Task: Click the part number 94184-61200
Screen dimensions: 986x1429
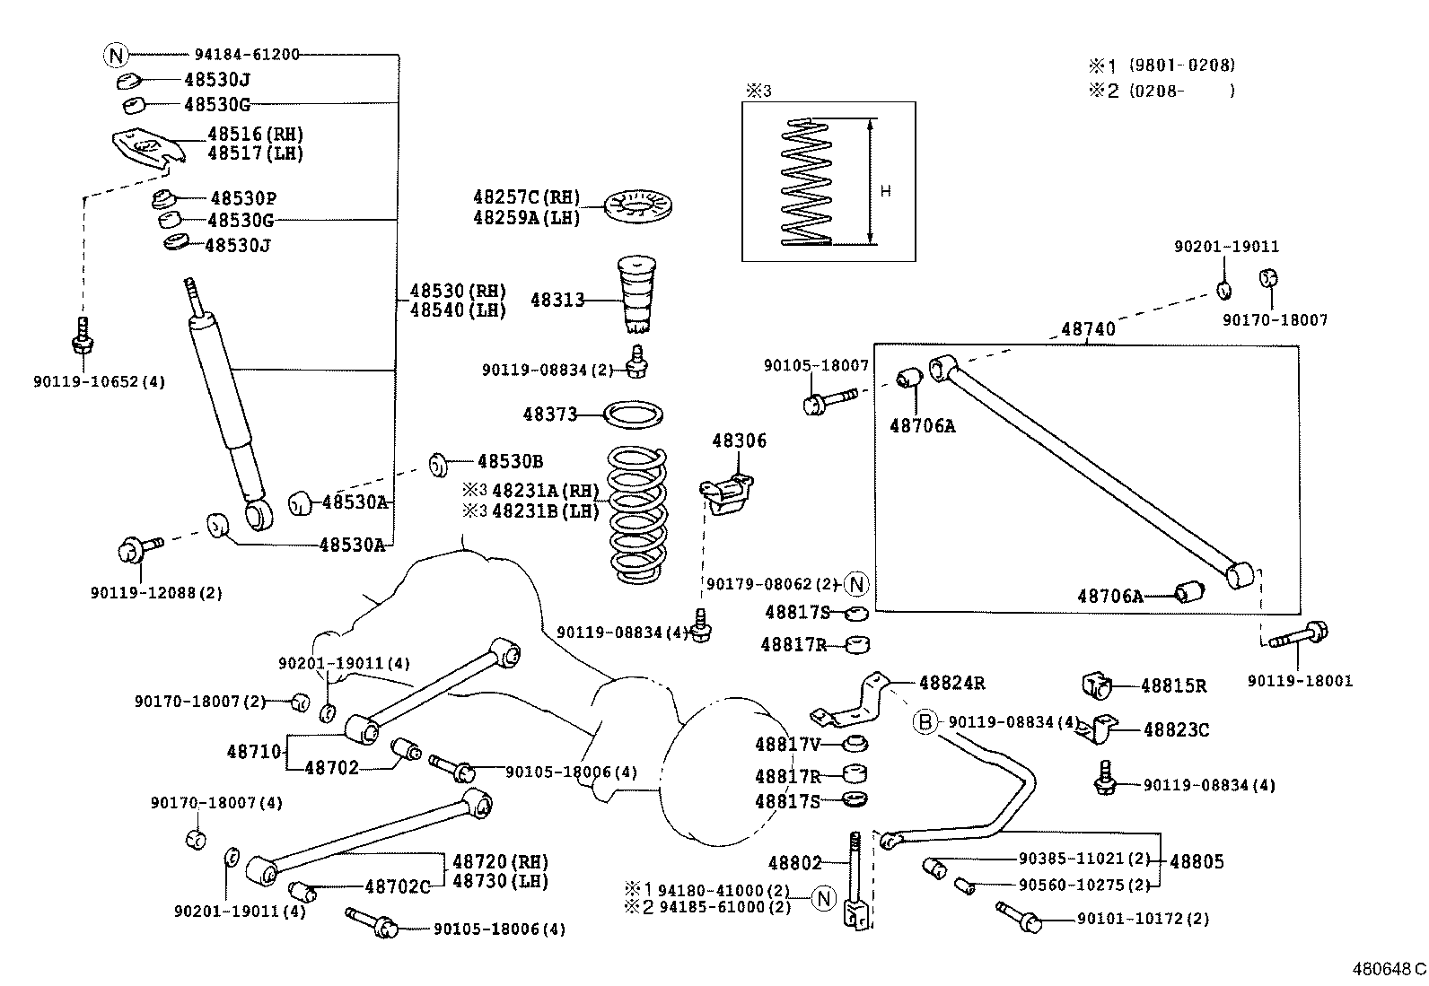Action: (x=247, y=55)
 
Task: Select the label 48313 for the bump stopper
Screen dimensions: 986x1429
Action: (x=557, y=300)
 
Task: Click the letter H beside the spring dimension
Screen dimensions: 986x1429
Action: (x=886, y=191)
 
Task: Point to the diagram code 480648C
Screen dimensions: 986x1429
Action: (x=1388, y=970)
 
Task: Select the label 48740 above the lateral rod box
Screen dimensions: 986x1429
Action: (x=1088, y=329)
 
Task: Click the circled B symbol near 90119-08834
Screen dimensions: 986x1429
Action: (x=925, y=722)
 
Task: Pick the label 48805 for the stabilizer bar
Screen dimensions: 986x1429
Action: (x=1197, y=861)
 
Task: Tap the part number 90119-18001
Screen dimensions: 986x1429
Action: (x=1299, y=681)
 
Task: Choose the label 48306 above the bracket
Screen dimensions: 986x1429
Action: (x=739, y=441)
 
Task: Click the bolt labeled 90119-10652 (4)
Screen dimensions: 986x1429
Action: (x=83, y=338)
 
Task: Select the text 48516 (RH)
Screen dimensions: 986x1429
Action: (x=255, y=134)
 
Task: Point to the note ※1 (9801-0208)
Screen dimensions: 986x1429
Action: (x=1162, y=65)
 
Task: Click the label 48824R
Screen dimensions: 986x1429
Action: (x=951, y=683)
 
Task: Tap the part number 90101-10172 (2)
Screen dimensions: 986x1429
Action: (x=1142, y=919)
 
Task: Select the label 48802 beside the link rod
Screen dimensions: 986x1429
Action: (x=795, y=863)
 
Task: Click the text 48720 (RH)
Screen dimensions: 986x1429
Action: (x=500, y=861)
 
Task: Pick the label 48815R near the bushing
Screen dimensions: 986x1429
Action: (x=1173, y=686)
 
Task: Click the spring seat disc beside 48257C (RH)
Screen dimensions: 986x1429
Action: (x=641, y=208)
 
